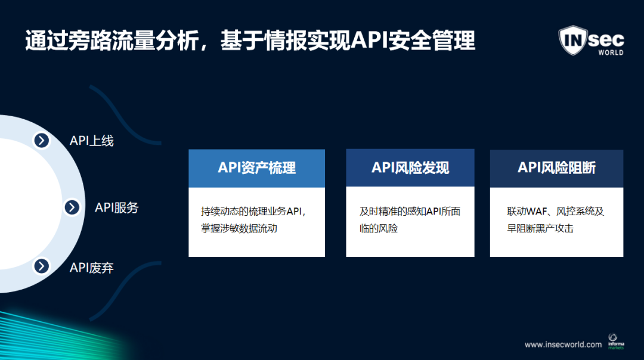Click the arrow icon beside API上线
pos(41,141)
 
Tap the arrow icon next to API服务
pos(72,207)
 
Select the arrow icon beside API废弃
pos(41,266)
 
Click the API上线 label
pos(92,141)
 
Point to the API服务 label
pos(117,207)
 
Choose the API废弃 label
pos(92,268)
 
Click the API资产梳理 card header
pos(256,168)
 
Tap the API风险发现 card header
pos(410,168)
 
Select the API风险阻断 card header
pos(556,168)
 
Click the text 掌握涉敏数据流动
pos(239,228)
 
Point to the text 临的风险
pos(379,228)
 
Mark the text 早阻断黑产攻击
pos(540,228)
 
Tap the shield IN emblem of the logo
pos(572,40)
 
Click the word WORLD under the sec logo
pos(611,52)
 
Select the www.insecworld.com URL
pos(563,345)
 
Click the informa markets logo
pos(615,342)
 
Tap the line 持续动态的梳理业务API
pos(253,212)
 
